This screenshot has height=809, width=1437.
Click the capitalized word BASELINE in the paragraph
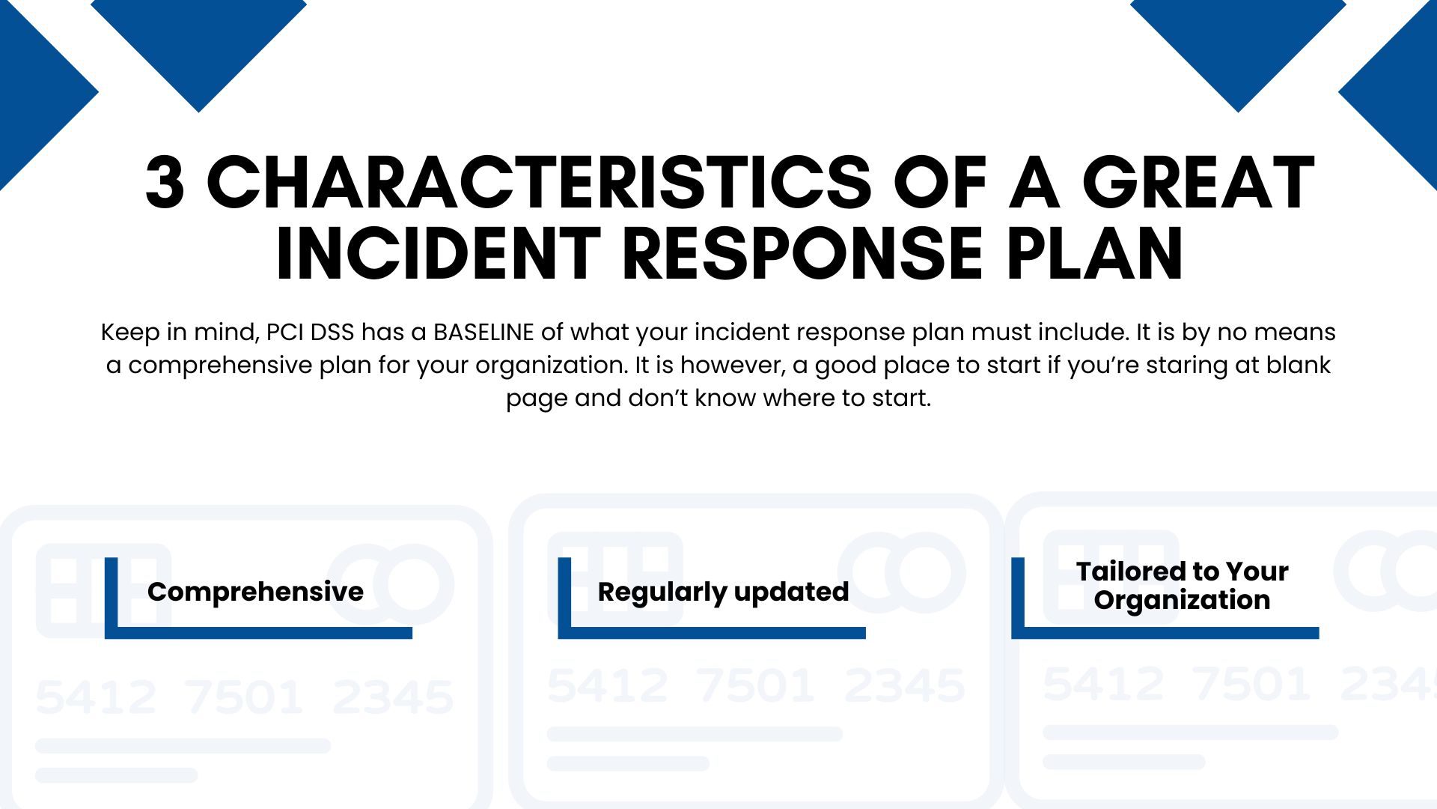(483, 332)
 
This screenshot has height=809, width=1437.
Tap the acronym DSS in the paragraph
(332, 332)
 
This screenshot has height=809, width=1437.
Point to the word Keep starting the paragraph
(130, 333)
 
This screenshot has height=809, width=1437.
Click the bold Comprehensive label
(255, 592)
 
